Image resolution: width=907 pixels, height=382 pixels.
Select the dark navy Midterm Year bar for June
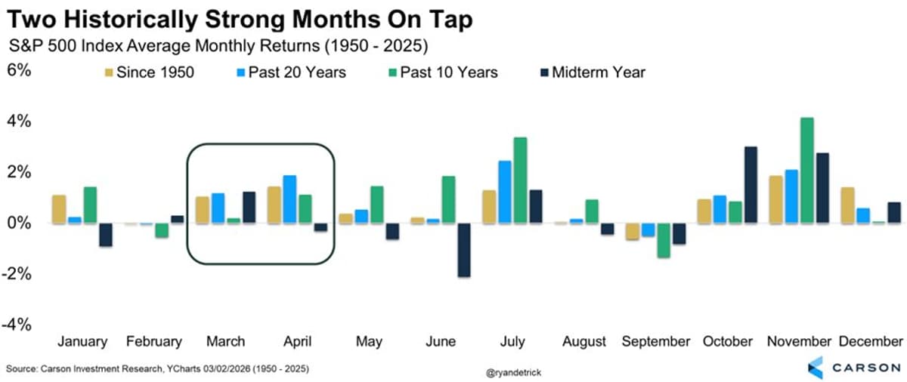point(463,250)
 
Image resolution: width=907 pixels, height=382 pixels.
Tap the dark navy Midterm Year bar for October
point(751,185)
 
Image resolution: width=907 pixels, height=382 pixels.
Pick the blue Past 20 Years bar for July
point(504,192)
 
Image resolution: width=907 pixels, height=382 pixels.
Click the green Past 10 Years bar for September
point(664,241)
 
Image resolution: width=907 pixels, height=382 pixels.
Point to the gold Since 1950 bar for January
point(58,209)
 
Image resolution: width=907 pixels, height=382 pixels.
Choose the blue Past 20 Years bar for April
point(289,199)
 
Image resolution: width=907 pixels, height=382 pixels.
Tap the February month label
point(154,341)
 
